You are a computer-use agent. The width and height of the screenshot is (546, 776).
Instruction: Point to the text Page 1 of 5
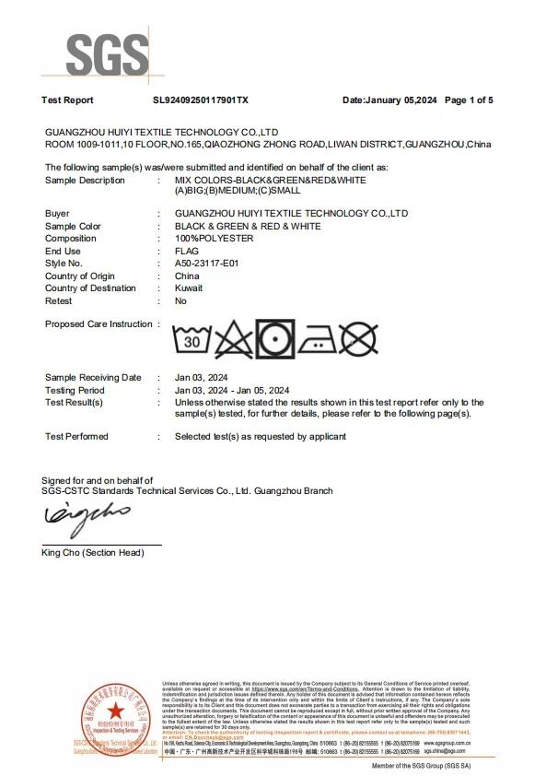pyautogui.click(x=469, y=100)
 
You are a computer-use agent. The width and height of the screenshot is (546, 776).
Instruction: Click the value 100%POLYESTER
pyautogui.click(x=214, y=239)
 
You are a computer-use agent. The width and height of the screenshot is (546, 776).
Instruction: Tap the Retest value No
pyautogui.click(x=180, y=300)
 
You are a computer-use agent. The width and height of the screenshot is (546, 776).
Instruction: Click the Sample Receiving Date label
pyautogui.click(x=93, y=377)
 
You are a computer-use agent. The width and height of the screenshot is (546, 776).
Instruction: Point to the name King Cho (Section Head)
pyautogui.click(x=93, y=552)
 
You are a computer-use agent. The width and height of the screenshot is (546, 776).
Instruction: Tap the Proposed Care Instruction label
pyautogui.click(x=99, y=324)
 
